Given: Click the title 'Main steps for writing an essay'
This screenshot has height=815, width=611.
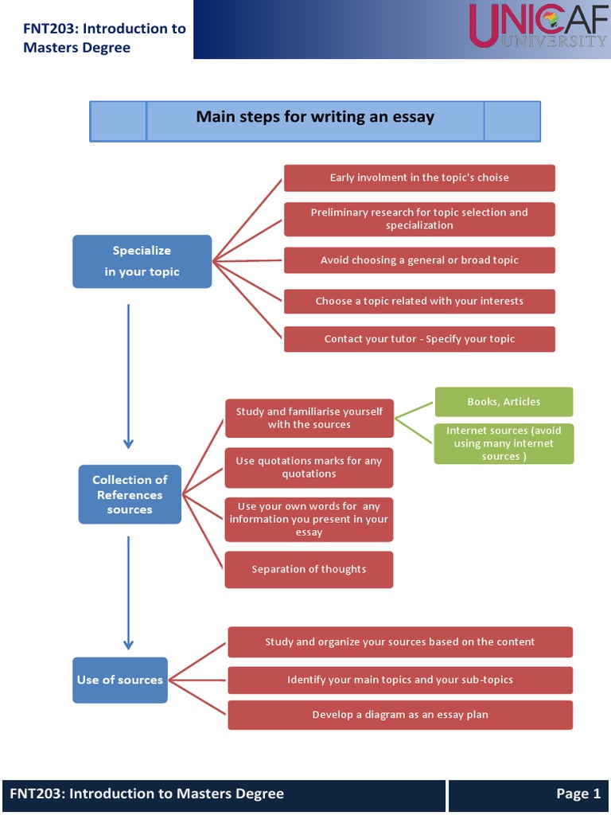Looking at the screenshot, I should [315, 118].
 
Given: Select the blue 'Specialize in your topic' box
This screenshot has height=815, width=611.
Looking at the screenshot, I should [142, 261].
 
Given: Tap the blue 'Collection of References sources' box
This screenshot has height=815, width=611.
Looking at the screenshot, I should [130, 494].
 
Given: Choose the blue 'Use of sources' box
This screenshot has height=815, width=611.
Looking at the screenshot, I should [120, 680].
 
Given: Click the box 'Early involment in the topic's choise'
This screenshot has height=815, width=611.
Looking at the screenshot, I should [419, 177].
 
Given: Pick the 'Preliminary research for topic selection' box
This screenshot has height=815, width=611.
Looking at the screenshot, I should [419, 219].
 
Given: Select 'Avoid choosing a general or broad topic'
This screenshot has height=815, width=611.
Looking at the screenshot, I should [419, 260].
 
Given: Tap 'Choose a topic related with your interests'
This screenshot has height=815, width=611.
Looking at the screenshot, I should [419, 301].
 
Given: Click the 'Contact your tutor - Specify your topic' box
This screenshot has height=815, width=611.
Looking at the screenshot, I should [419, 339].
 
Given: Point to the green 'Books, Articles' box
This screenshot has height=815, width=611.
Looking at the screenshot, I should [504, 402].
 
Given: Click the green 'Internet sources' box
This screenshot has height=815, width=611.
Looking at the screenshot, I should [504, 443].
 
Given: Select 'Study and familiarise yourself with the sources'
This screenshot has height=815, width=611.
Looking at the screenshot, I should [309, 418].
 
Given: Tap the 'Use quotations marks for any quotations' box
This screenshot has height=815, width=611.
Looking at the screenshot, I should [309, 467].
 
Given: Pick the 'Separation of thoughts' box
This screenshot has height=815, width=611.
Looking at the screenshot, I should [309, 569].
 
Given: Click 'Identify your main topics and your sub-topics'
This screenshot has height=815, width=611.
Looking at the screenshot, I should [400, 680].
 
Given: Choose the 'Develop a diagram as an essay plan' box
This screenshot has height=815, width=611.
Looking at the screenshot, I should [400, 715].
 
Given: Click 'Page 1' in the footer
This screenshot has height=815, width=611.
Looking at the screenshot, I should [578, 794].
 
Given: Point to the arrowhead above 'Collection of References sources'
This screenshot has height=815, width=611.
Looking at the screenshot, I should [128, 443].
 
